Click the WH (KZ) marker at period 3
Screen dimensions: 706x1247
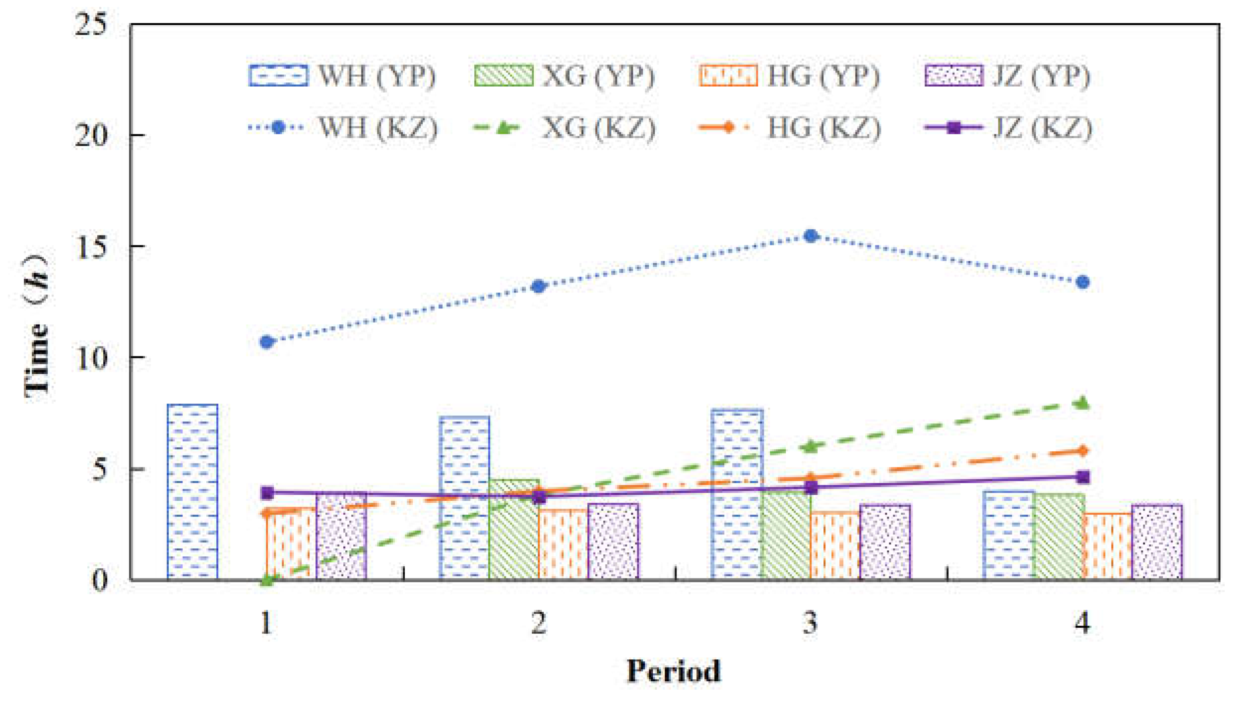click(x=811, y=235)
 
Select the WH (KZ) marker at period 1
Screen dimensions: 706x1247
click(x=267, y=342)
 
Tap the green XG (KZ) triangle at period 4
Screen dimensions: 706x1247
click(x=1082, y=403)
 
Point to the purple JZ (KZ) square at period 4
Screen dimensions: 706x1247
click(x=1082, y=477)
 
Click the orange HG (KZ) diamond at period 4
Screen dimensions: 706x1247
click(x=1082, y=451)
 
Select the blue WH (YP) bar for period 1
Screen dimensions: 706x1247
click(x=192, y=491)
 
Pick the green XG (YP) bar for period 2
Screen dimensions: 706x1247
click(x=514, y=529)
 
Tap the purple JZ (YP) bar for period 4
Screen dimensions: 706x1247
click(x=1157, y=542)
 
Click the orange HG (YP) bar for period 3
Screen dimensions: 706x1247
click(x=835, y=545)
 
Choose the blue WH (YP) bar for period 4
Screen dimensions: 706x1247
click(x=1009, y=535)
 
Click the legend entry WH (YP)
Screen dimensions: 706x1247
click(x=342, y=76)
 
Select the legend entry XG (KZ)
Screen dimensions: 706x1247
click(x=564, y=128)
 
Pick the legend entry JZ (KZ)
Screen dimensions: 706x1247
click(x=1008, y=128)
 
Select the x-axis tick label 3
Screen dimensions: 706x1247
click(x=811, y=623)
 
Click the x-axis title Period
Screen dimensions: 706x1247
click(x=674, y=671)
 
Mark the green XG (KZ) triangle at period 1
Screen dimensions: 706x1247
click(x=267, y=579)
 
